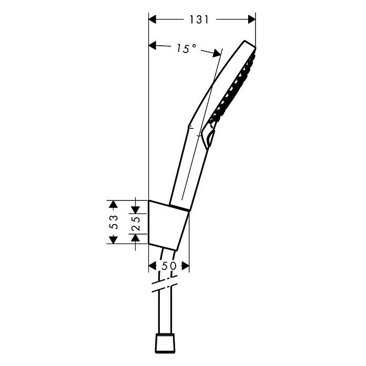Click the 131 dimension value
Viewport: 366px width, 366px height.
[x=199, y=19]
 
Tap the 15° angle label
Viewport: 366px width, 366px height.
[x=186, y=48]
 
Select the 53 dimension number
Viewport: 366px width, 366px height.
[x=114, y=222]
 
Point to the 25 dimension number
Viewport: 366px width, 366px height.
[x=135, y=223]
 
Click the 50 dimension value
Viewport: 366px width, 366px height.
[x=169, y=266]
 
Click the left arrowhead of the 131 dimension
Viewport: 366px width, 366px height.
[x=152, y=19]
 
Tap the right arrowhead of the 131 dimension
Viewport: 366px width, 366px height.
[x=252, y=19]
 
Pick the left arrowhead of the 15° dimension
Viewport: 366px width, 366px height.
[x=152, y=45]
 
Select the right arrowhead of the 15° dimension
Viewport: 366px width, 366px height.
[x=216, y=54]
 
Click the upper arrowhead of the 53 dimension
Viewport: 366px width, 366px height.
[x=113, y=204]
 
